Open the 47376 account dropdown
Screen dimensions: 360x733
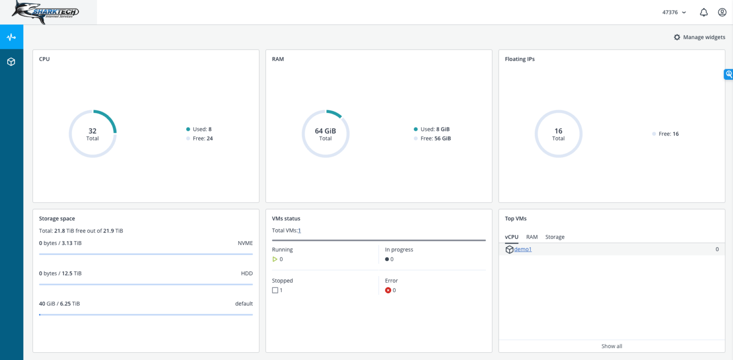pyautogui.click(x=674, y=12)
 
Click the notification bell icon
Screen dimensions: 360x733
pyautogui.click(x=703, y=12)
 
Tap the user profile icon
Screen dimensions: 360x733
pyautogui.click(x=722, y=12)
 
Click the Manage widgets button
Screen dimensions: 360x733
pyautogui.click(x=699, y=37)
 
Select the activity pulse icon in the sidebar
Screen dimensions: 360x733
pyautogui.click(x=11, y=37)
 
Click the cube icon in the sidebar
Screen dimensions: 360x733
pyautogui.click(x=11, y=62)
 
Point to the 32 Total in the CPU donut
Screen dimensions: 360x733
pyautogui.click(x=93, y=134)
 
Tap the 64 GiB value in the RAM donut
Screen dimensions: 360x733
pyautogui.click(x=325, y=131)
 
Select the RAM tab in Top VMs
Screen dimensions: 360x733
pyautogui.click(x=532, y=237)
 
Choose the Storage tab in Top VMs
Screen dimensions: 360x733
pyautogui.click(x=555, y=237)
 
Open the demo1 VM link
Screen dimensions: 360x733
pyautogui.click(x=523, y=249)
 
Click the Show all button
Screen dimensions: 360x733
pyautogui.click(x=611, y=346)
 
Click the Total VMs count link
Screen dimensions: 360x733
pyautogui.click(x=299, y=231)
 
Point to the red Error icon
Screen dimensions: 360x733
pyautogui.click(x=388, y=290)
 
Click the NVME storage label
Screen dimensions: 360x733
pyautogui.click(x=245, y=243)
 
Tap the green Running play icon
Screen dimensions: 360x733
pyautogui.click(x=275, y=259)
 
